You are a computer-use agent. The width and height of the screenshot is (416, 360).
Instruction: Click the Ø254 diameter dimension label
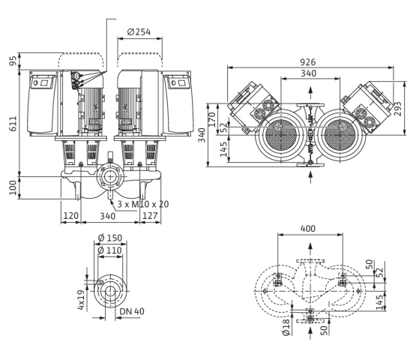[x=139, y=31]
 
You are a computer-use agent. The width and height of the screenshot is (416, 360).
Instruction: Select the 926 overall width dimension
[x=308, y=62]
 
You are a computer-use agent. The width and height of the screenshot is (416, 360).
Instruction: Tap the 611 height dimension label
[x=13, y=124]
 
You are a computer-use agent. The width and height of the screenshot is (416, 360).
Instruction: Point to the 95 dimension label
[x=13, y=61]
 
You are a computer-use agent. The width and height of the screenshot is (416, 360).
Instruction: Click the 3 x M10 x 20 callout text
[x=143, y=204]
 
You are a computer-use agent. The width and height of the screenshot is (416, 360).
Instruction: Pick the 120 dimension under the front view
[x=71, y=215]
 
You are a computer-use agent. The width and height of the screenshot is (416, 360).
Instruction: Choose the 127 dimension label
[x=150, y=215]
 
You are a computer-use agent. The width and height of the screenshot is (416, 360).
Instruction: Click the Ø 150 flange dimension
[x=110, y=238]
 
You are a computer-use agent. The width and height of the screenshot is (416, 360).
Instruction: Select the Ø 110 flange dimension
[x=110, y=250]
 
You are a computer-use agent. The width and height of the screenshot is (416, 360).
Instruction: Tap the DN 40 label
[x=132, y=311]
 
